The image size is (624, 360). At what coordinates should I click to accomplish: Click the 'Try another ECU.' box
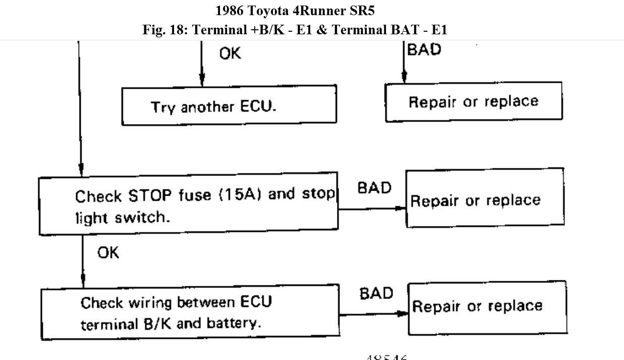pyautogui.click(x=229, y=105)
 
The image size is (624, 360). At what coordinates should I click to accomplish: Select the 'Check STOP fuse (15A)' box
pyautogui.click(x=189, y=204)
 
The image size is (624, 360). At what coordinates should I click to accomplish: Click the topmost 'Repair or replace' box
pyautogui.click(x=474, y=102)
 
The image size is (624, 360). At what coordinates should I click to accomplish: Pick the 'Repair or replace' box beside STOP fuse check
pyautogui.click(x=485, y=198)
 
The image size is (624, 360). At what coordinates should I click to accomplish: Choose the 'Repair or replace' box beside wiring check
pyautogui.click(x=487, y=308)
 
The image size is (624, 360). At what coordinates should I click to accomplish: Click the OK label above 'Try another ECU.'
pyautogui.click(x=230, y=53)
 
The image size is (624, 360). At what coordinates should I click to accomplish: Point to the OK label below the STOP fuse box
pyautogui.click(x=108, y=253)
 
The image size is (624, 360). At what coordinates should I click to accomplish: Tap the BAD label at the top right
pyautogui.click(x=424, y=49)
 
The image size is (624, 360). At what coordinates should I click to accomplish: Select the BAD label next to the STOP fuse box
pyautogui.click(x=374, y=188)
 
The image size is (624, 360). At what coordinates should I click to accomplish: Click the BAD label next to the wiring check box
pyautogui.click(x=376, y=293)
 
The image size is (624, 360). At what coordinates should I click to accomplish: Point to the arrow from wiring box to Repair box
pyautogui.click(x=374, y=314)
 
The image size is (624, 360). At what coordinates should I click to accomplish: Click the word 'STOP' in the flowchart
pyautogui.click(x=151, y=195)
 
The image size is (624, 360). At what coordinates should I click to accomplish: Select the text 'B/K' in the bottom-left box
pyautogui.click(x=158, y=323)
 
